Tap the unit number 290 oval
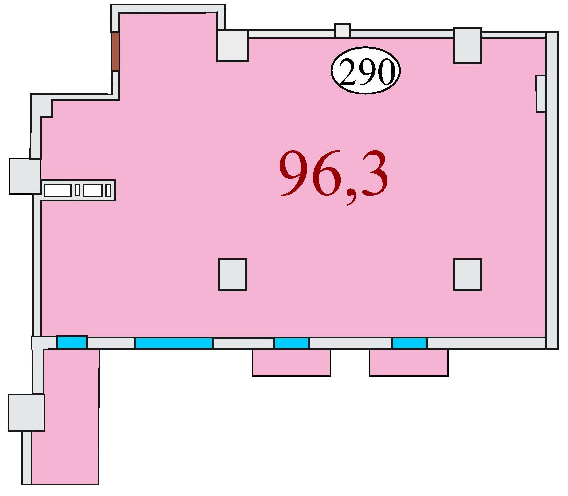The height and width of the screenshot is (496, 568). [365, 70]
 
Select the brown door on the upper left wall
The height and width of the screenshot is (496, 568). [115, 51]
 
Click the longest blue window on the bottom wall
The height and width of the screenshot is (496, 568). [173, 343]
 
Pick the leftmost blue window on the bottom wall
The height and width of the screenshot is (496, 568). [72, 342]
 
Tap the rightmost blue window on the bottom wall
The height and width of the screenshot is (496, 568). [409, 343]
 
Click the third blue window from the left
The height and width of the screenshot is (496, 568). [291, 343]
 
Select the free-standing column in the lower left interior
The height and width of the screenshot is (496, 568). [232, 275]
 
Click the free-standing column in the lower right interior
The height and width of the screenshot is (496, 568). [468, 275]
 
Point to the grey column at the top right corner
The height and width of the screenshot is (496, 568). [468, 46]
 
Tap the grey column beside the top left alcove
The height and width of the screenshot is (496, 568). [232, 46]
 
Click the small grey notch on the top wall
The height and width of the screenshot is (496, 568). [343, 31]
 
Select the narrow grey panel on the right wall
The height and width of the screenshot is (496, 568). [540, 94]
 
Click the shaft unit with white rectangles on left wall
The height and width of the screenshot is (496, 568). [78, 190]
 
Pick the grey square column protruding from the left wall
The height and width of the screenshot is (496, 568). [25, 176]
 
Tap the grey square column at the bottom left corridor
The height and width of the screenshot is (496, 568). [27, 412]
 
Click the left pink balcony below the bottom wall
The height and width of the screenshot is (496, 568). [291, 362]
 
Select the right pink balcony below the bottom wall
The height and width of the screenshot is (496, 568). [409, 362]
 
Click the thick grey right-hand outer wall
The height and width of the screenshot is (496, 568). [552, 190]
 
